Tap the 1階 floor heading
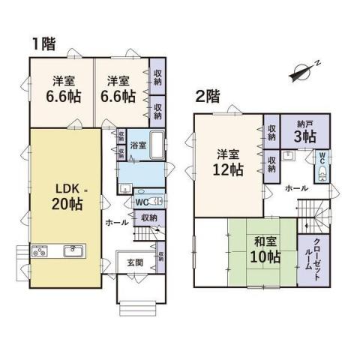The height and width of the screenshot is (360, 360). click(x=44, y=44)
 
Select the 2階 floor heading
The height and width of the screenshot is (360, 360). click(x=207, y=97)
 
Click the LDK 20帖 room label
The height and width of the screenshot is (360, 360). click(x=67, y=197)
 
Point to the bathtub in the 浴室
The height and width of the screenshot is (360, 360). click(x=157, y=145)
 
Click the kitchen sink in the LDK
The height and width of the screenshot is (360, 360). click(x=73, y=251)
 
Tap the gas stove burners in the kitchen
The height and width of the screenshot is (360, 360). click(x=40, y=251)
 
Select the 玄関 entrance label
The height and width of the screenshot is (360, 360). click(x=135, y=262)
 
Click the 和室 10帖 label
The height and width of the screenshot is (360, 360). click(x=265, y=250)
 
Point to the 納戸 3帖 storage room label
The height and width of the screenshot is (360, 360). click(x=305, y=132)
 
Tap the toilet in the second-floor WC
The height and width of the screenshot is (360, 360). click(x=322, y=173)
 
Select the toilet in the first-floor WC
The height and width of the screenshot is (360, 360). click(x=157, y=201)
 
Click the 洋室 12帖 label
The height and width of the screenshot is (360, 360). click(x=228, y=163)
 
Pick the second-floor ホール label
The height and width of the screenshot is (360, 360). click(x=296, y=188)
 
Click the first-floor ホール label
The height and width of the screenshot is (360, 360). click(x=117, y=222)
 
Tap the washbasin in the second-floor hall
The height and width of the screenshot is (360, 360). click(x=289, y=155)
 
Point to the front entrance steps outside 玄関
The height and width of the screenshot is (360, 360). click(x=138, y=309)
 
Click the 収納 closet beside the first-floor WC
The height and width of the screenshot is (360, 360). click(x=149, y=218)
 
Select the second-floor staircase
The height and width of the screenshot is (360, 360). click(x=314, y=217)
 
